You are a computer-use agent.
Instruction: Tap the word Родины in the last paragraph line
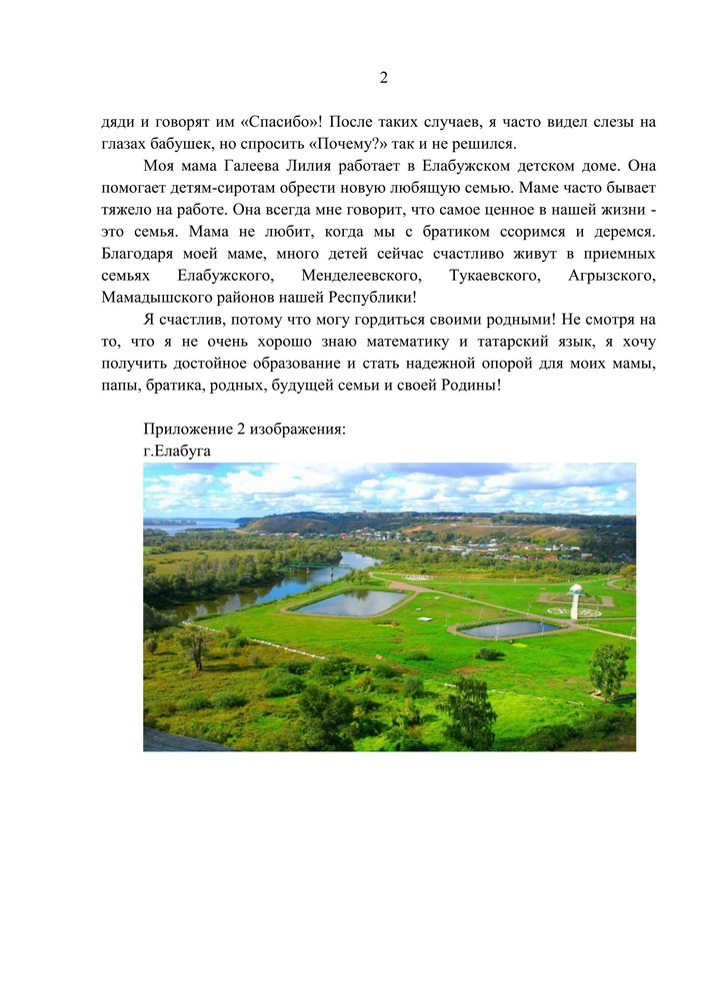pyautogui.click(x=462, y=385)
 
